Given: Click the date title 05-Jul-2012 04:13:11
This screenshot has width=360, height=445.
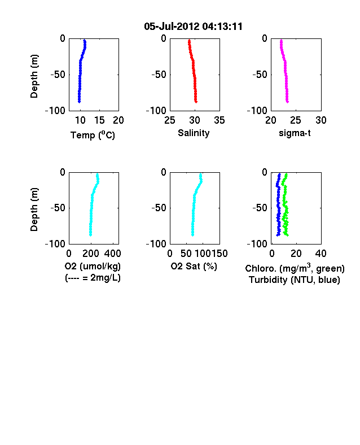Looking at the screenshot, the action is click(x=194, y=27).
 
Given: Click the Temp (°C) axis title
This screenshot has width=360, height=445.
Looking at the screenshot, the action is click(x=93, y=135).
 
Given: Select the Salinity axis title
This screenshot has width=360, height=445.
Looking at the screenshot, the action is click(x=194, y=133).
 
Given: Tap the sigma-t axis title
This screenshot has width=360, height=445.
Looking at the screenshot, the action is click(x=295, y=133).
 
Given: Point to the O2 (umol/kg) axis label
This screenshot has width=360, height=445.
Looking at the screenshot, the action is click(x=93, y=266).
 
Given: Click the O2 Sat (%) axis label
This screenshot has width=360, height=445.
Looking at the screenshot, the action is click(x=194, y=266).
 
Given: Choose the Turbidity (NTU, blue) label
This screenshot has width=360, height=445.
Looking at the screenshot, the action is click(x=295, y=280).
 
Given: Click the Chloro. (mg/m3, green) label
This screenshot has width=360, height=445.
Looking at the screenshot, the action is click(x=295, y=268).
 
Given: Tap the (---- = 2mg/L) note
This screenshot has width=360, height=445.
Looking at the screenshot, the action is click(x=93, y=277).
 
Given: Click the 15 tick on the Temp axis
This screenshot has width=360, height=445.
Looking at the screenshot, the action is click(x=99, y=120).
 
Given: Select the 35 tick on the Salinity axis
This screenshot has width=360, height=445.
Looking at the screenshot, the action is click(x=219, y=120).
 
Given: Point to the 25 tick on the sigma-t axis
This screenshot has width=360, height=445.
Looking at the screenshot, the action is click(x=295, y=120).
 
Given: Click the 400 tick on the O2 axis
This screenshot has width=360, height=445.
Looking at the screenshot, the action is click(x=112, y=253).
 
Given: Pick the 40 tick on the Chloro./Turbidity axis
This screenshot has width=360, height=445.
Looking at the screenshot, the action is click(x=321, y=253).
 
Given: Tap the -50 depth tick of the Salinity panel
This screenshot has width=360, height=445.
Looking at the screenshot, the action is click(x=159, y=75).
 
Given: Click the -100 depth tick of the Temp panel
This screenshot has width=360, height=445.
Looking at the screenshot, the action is click(x=55, y=110).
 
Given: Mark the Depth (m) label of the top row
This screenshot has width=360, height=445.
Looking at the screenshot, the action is click(x=34, y=76).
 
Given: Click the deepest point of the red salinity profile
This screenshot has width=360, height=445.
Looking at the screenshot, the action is click(x=196, y=102).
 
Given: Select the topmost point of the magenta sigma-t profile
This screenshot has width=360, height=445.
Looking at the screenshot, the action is click(x=281, y=41).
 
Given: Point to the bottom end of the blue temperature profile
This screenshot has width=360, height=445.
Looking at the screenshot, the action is click(x=80, y=102).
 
